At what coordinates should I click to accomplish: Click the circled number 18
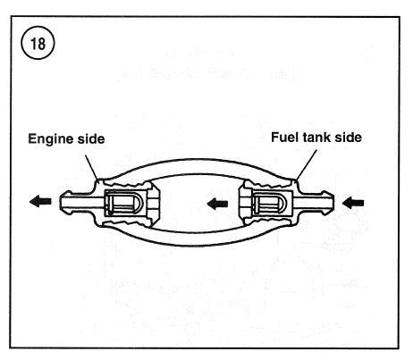pyautogui.click(x=38, y=43)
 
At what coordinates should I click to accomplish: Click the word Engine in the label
pyautogui.click(x=50, y=139)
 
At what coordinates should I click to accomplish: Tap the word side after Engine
pyautogui.click(x=91, y=138)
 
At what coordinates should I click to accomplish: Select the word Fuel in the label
pyautogui.click(x=284, y=138)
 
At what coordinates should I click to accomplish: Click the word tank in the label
pyautogui.click(x=316, y=138)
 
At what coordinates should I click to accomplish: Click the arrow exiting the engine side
pyautogui.click(x=40, y=201)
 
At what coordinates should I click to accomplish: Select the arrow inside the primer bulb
pyautogui.click(x=217, y=204)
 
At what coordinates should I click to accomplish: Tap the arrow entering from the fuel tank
pyautogui.click(x=353, y=204)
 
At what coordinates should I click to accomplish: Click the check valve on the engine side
pyautogui.click(x=124, y=204)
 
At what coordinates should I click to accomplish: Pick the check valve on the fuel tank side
pyautogui.click(x=272, y=205)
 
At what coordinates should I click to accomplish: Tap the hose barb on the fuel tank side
pyautogui.click(x=316, y=203)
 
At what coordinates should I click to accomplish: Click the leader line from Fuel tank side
pyautogui.click(x=307, y=164)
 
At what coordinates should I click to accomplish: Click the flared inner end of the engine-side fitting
pyautogui.click(x=154, y=204)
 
